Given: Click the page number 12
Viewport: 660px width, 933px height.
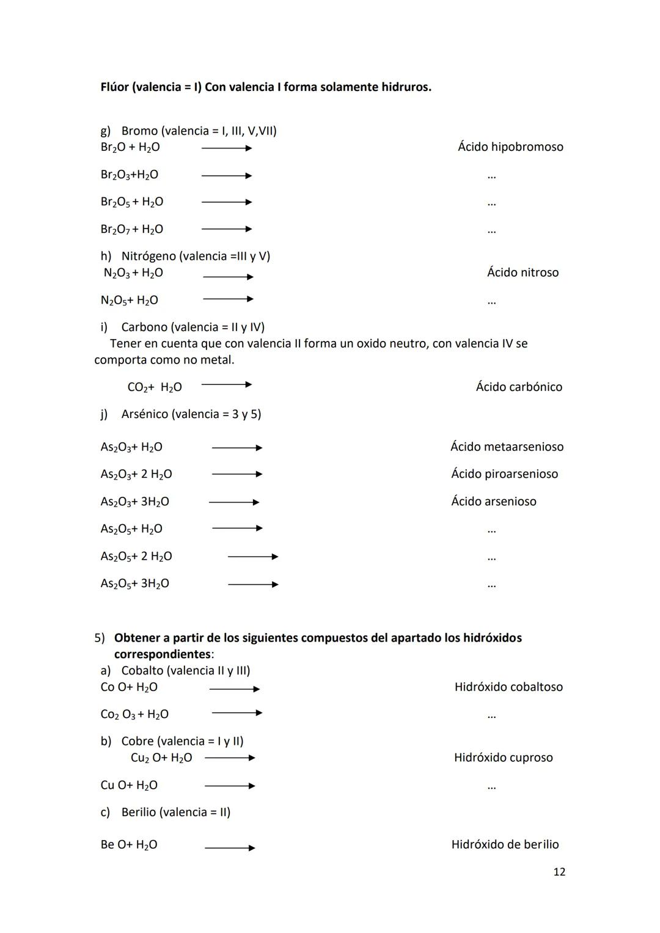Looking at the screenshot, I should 559,872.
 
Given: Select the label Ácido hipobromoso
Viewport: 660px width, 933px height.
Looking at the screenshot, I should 510,147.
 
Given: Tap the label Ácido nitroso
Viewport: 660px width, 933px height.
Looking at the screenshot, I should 522,273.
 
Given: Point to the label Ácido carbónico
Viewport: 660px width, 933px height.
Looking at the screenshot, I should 519,387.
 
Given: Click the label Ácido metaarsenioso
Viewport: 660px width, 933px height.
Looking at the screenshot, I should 507,447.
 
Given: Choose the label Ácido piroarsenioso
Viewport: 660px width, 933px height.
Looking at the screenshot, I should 504,474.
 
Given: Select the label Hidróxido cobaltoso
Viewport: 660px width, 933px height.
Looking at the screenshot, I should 508,687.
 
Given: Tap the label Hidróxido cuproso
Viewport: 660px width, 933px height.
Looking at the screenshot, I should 503,758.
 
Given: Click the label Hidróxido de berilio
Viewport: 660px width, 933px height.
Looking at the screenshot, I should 505,844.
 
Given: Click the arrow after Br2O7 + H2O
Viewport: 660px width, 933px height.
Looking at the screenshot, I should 227,229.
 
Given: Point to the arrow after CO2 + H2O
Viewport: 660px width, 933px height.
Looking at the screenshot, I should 227,385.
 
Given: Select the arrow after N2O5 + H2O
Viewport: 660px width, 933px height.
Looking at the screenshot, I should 228,299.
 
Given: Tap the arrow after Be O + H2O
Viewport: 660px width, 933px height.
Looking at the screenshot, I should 230,847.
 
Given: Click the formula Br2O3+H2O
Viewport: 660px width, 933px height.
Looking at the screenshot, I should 129,175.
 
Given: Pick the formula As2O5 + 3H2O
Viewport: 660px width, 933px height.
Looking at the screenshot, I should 134,584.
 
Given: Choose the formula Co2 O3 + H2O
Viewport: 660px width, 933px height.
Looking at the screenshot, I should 134,714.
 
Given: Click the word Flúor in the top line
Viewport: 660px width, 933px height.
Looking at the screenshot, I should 114,87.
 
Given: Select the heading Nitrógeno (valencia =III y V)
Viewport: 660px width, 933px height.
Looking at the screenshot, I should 196,256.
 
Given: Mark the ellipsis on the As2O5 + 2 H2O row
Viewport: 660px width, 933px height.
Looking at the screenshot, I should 491,557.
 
